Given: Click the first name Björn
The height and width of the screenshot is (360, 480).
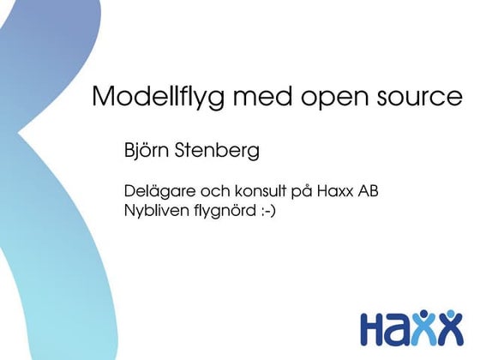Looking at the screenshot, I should click(x=147, y=153).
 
